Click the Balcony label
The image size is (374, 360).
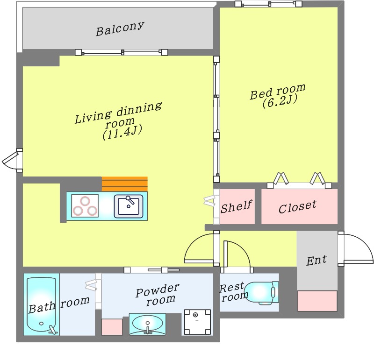tap(120, 28)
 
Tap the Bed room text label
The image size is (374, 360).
tap(278, 91)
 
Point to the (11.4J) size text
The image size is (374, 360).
tap(122, 133)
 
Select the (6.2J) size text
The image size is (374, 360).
tap(280, 102)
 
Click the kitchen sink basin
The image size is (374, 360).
tap(129, 206)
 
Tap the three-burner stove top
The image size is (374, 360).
tap(85, 206)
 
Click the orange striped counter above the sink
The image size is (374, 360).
tap(124, 184)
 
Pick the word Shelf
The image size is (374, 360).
tap(236, 207)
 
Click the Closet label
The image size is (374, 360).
tap(297, 207)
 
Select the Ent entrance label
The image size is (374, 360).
tap(316, 260)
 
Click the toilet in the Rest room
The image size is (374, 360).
tap(262, 293)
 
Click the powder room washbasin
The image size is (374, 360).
tap(147, 324)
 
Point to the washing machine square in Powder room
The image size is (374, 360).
tap(197, 322)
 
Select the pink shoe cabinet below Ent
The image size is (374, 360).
tap(317, 301)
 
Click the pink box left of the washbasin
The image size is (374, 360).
tap(112, 327)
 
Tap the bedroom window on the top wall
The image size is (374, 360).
tap(268, 4)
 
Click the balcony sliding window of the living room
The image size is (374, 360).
tap(122, 52)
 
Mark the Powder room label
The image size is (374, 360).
tap(158, 294)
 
